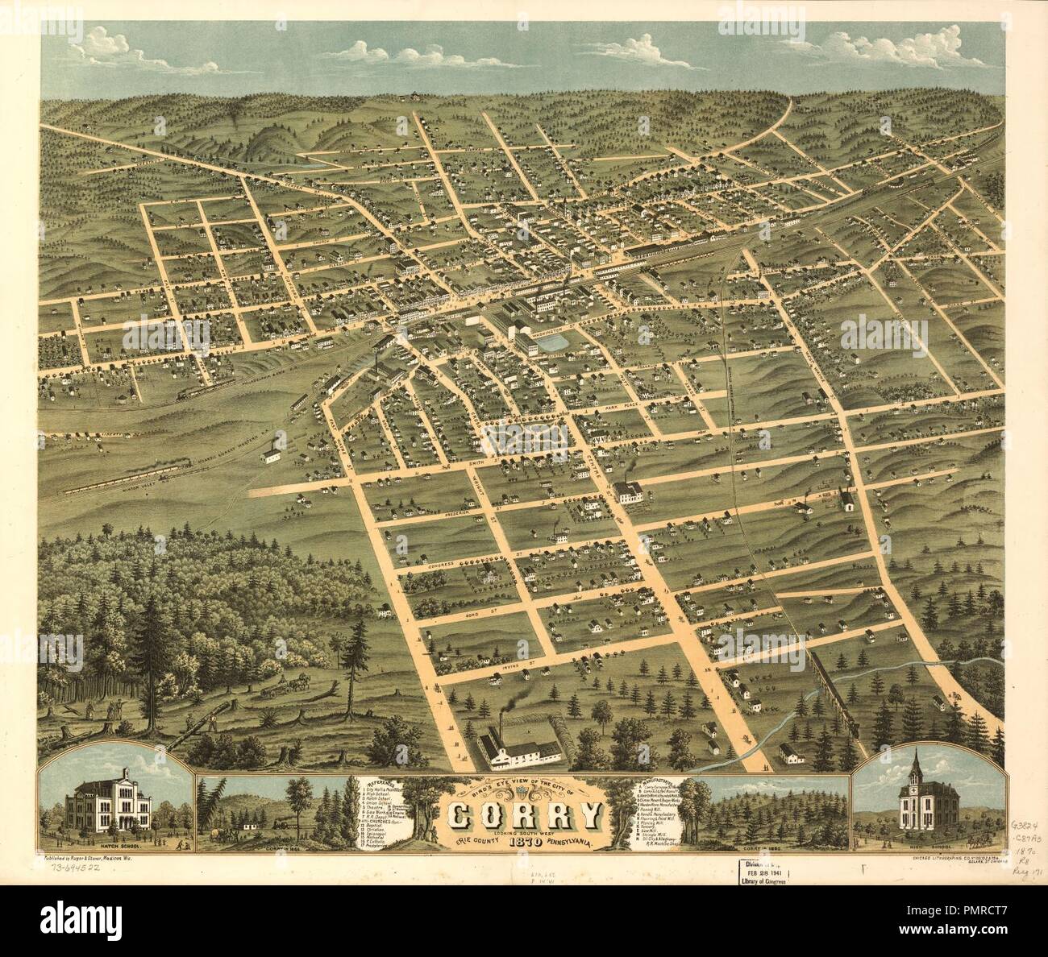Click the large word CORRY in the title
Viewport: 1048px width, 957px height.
click(x=523, y=815)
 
